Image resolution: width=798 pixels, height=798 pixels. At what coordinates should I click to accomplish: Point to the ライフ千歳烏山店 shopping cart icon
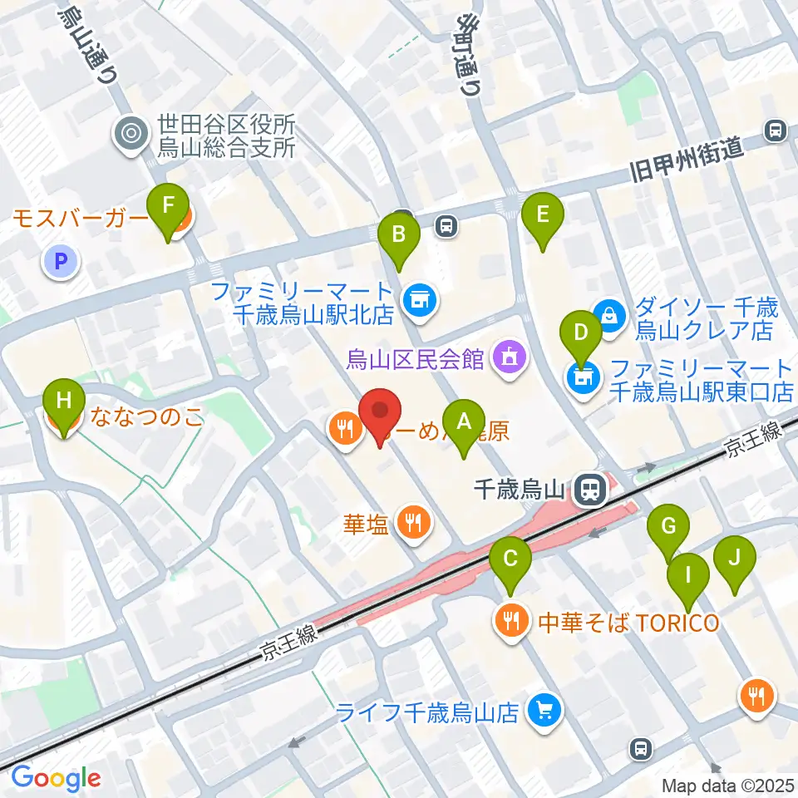pos(544,712)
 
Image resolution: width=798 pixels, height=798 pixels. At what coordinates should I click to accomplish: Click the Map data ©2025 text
pos(728,785)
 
